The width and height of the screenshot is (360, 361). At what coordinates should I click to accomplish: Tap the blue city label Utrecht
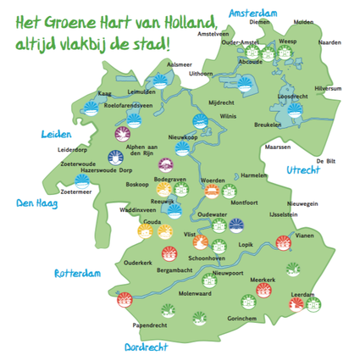point(302,171)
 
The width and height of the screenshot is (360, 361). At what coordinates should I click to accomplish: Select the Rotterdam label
point(77,274)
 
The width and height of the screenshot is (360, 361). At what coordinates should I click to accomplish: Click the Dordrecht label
point(146,347)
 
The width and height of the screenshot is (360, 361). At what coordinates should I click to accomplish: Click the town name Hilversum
point(328,88)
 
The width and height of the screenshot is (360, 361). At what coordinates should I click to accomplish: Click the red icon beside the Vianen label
point(284,244)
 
